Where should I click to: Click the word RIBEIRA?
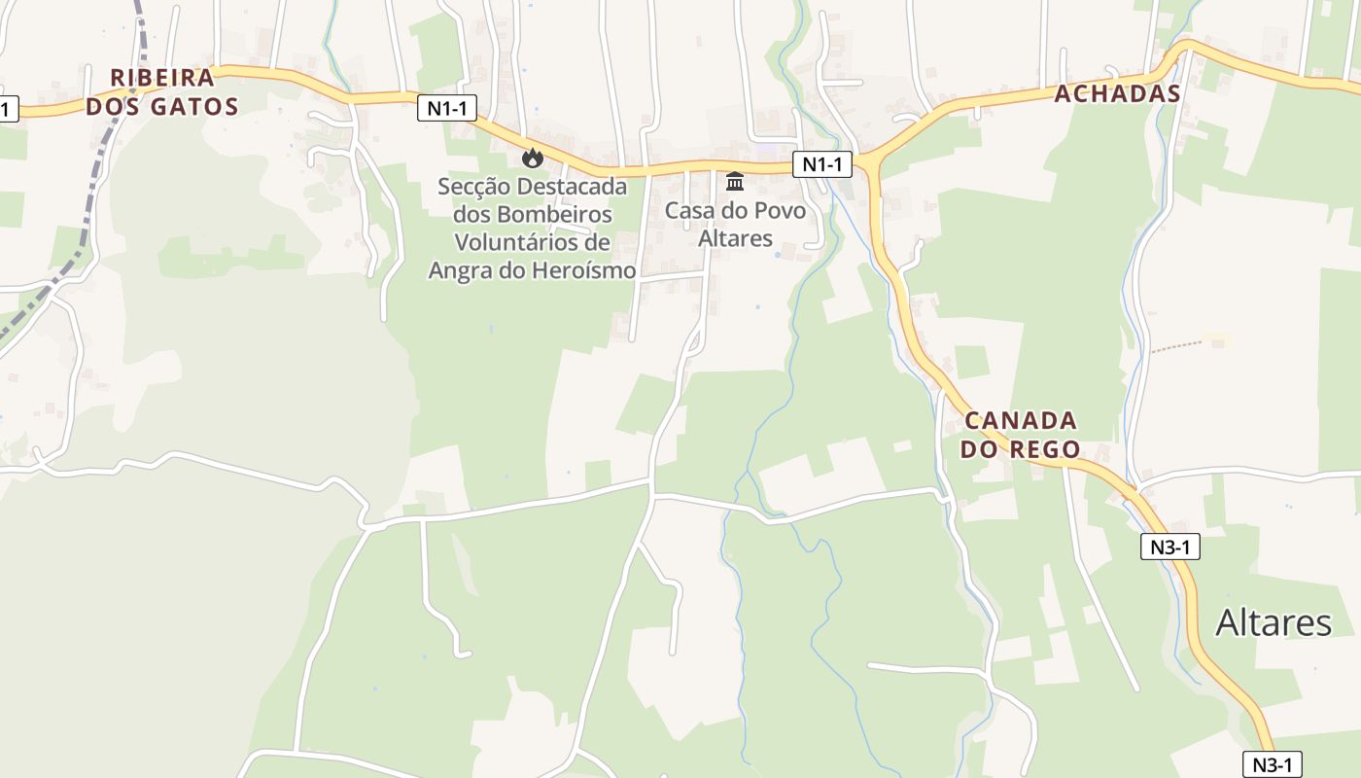[162, 78]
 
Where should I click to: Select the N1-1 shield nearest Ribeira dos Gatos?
[447, 108]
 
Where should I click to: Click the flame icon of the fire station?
[532, 158]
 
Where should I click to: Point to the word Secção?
[476, 186]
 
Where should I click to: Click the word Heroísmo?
[583, 270]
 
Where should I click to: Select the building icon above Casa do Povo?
[735, 182]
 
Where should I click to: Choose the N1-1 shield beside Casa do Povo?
[822, 165]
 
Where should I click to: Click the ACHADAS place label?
[1118, 93]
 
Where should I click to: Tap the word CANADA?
[1021, 421]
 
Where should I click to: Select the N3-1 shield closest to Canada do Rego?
[1170, 547]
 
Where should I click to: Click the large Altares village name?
[1274, 622]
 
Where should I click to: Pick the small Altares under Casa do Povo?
[735, 238]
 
